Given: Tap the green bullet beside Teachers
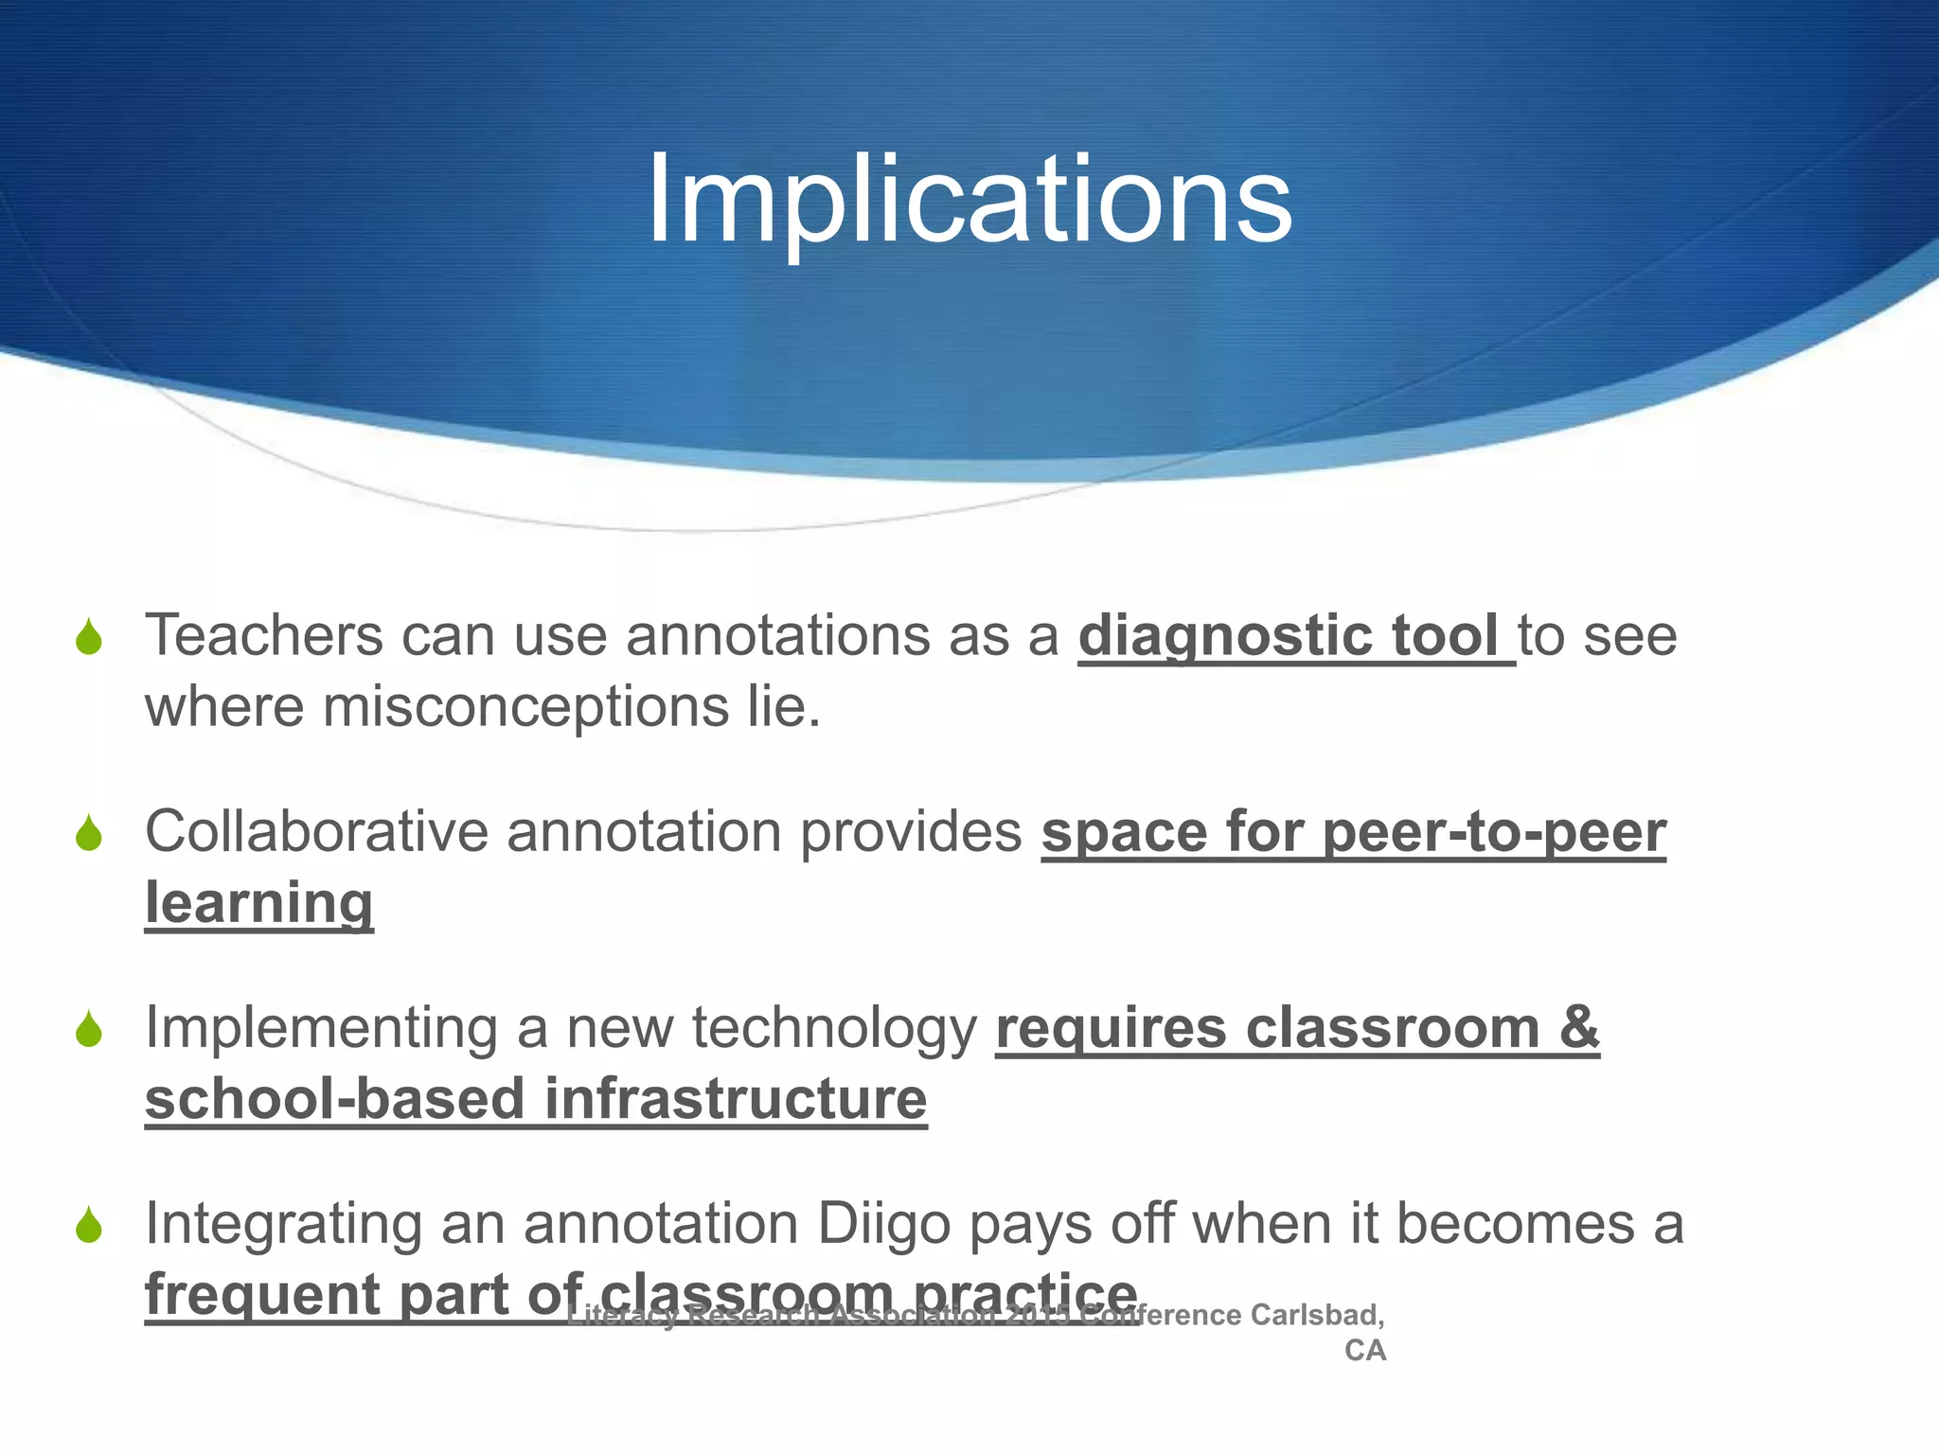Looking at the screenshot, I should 89,637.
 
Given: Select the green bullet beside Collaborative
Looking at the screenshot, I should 89,833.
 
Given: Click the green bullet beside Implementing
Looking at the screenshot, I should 89,1029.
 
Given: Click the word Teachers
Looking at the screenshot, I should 263,635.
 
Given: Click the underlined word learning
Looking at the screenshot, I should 258,904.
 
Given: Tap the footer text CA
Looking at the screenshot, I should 1364,1351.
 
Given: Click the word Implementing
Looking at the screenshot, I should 320,1029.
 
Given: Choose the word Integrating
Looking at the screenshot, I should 283,1224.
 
